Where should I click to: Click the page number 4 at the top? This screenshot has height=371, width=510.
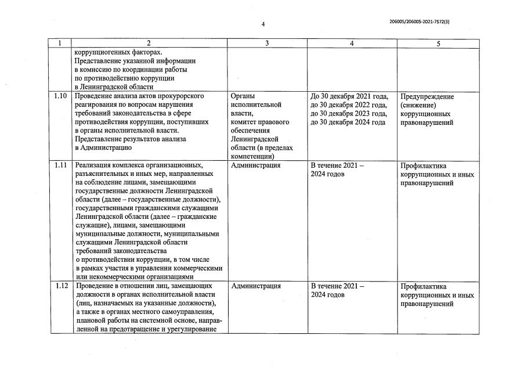[263, 24]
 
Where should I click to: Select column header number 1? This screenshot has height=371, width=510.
[60, 44]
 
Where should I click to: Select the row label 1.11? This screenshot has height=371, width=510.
[61, 165]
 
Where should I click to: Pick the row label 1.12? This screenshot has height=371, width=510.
[61, 286]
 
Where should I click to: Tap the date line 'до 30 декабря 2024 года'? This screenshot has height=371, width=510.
[348, 123]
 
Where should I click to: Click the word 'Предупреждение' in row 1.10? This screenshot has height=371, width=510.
[427, 96]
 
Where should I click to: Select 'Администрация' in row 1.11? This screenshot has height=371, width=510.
[255, 165]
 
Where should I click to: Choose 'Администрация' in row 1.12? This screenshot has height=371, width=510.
[255, 286]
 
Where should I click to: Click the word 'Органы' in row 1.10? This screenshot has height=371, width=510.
[243, 96]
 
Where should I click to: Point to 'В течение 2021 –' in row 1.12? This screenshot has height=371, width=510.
[337, 286]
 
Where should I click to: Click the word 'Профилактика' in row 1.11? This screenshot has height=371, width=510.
[423, 165]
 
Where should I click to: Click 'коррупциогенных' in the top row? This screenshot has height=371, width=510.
[104, 52]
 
